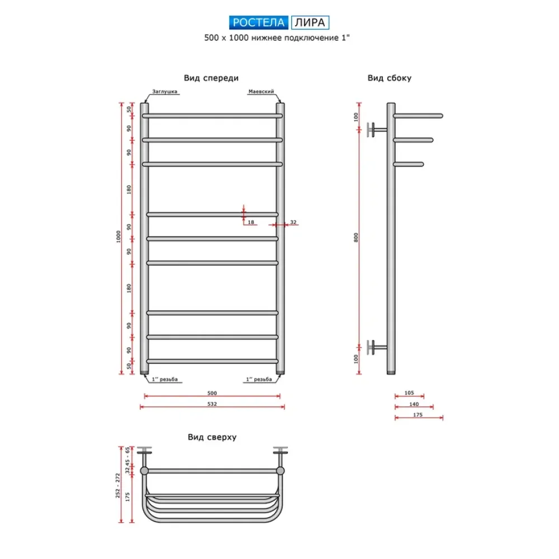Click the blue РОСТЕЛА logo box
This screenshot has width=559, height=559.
[x=258, y=22]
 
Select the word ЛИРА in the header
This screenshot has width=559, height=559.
[x=310, y=22]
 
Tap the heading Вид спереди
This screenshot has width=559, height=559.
[x=211, y=78]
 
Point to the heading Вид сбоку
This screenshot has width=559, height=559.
[x=389, y=78]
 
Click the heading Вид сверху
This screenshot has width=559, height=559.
[x=212, y=437]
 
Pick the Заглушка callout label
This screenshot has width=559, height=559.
[x=165, y=92]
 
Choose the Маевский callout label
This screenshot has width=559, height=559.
[x=261, y=92]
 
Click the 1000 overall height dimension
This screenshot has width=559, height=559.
[x=119, y=236]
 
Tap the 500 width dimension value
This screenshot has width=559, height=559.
[x=212, y=393]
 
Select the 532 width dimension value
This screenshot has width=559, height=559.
[x=212, y=404]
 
